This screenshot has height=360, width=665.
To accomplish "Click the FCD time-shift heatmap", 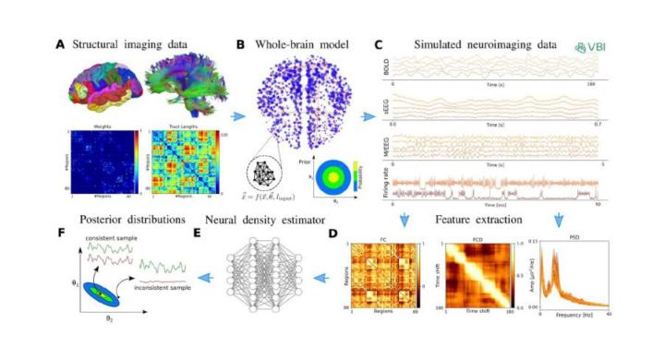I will (467, 277).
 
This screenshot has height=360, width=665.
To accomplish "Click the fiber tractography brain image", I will (186, 88).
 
